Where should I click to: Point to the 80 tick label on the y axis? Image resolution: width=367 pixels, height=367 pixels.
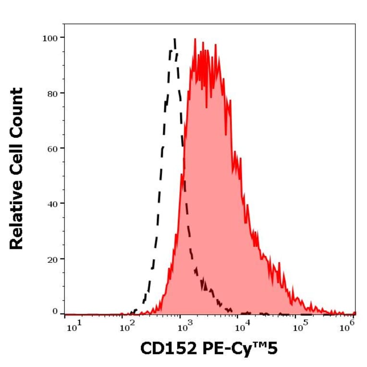(52, 93)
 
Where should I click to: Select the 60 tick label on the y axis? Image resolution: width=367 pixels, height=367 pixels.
(52, 148)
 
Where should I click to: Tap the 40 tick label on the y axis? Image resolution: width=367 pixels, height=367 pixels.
(52, 204)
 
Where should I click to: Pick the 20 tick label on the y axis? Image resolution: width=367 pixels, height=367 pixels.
(52, 259)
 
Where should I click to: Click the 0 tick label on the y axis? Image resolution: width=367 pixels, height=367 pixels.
(55, 312)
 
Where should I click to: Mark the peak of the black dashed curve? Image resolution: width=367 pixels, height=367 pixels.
(174, 38)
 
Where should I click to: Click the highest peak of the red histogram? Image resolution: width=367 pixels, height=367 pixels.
(195, 39)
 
